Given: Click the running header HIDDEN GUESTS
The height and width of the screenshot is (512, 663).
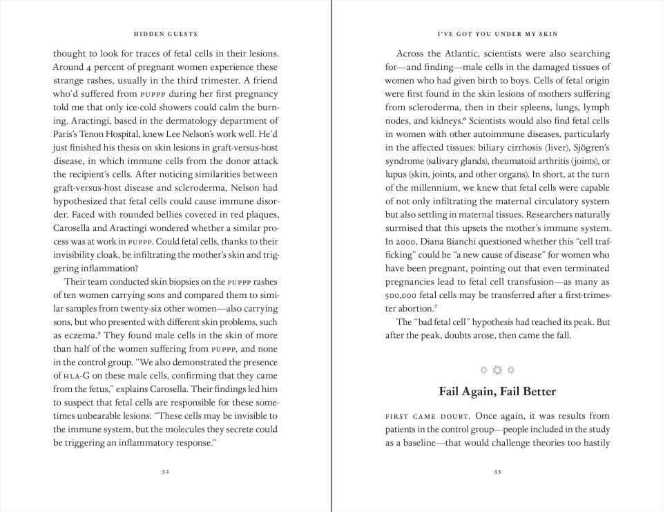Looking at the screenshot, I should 165,33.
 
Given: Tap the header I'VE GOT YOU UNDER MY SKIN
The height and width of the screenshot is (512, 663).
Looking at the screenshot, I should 497,33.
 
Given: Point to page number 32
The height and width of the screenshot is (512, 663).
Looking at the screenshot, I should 165,471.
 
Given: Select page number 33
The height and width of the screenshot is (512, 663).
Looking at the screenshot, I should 497,471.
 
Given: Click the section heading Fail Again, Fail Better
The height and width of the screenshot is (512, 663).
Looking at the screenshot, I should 497,391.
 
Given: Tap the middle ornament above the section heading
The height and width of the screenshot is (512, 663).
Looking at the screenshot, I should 497,370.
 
